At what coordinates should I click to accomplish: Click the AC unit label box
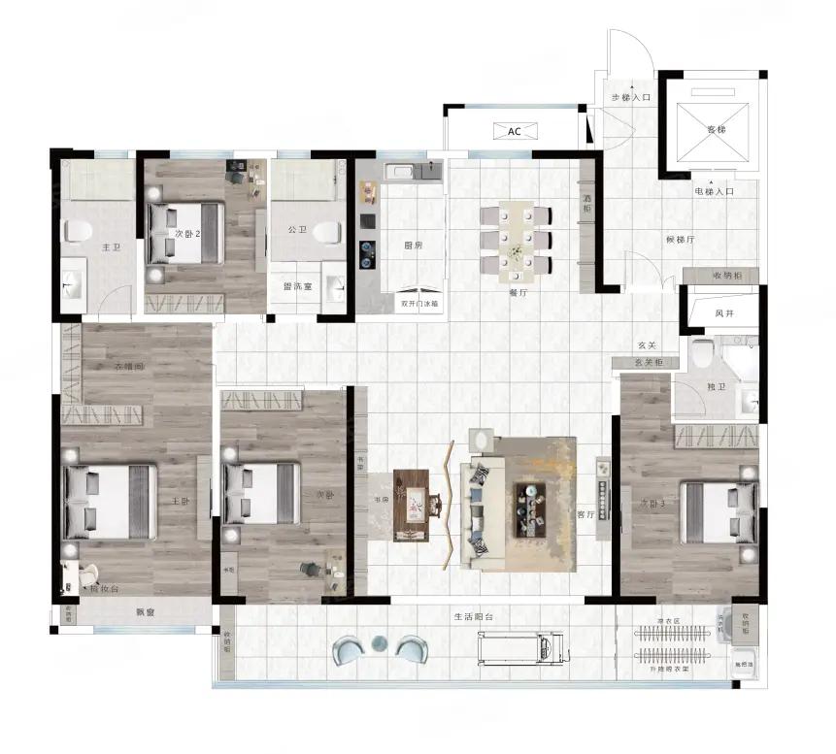tap(515, 131)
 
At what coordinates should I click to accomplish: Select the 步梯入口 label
tap(630, 98)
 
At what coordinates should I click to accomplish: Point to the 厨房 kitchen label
tap(412, 246)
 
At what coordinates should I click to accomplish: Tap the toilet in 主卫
tap(77, 231)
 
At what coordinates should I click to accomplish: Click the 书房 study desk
tap(413, 505)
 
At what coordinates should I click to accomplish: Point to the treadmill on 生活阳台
tap(520, 643)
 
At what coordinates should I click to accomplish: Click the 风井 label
tap(724, 312)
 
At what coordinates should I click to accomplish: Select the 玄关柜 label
tap(648, 362)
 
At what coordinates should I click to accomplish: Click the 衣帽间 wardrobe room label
tap(128, 366)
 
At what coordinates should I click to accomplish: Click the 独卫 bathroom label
tap(716, 386)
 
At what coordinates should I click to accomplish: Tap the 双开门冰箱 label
tap(419, 303)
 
